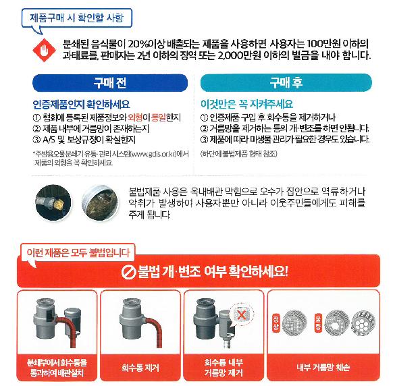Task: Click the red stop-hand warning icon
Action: [44, 50]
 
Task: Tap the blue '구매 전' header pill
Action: [110, 83]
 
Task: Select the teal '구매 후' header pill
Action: [286, 82]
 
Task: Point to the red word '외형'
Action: [135, 117]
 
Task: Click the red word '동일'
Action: [159, 117]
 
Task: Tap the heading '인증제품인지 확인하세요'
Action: [81, 104]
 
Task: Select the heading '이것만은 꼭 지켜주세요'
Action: [246, 104]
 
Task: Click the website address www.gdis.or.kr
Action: [153, 154]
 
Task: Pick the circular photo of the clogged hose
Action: [53, 202]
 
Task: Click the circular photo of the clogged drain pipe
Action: [100, 202]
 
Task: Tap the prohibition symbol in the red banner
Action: [128, 272]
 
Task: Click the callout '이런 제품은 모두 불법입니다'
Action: [78, 252]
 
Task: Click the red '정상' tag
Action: [276, 323]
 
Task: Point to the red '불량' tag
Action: [318, 323]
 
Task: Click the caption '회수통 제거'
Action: [140, 368]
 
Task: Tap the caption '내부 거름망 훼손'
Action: [323, 368]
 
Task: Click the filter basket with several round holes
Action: [363, 323]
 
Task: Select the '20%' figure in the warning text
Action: [138, 44]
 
